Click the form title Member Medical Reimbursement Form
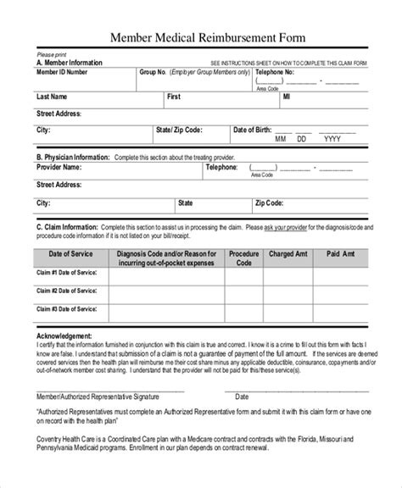point(200,38)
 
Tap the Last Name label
point(53,96)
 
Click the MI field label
point(285,96)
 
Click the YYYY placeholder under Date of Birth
point(332,140)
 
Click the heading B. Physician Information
point(73,157)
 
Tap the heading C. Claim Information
point(67,229)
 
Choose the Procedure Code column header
point(244,258)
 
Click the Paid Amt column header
point(344,252)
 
